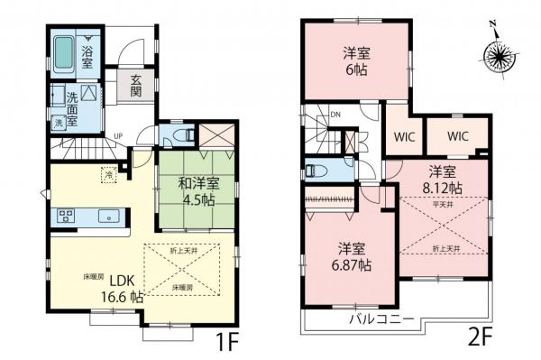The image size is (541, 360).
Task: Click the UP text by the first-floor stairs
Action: [x=117, y=137]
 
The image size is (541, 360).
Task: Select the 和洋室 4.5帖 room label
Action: [x=186, y=192]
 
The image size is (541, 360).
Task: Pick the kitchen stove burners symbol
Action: [x=66, y=216]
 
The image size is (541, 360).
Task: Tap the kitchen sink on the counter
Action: [x=106, y=216]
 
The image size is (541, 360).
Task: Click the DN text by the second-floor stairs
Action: [x=334, y=115]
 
